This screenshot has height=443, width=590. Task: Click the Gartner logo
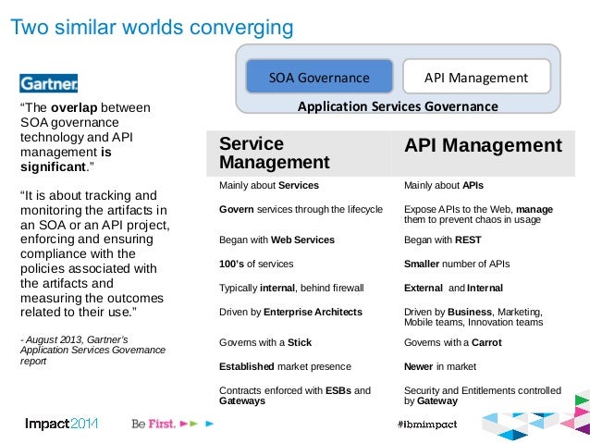(49, 82)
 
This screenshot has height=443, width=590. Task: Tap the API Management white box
(476, 77)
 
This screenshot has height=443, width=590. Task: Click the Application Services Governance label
(398, 106)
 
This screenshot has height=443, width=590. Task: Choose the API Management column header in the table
(483, 145)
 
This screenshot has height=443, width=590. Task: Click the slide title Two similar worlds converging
(151, 28)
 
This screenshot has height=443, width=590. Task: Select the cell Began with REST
(443, 240)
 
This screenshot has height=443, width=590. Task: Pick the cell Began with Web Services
(277, 240)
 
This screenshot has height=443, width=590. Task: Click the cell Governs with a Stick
(265, 342)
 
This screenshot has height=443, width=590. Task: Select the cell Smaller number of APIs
(457, 264)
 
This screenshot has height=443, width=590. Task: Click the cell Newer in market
(441, 366)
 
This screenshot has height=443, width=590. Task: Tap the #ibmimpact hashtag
(424, 424)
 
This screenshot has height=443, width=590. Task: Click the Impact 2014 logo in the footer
(61, 424)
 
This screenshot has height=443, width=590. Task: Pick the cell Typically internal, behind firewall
(291, 288)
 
